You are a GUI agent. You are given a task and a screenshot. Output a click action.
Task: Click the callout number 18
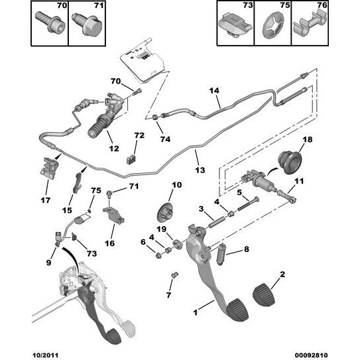306,140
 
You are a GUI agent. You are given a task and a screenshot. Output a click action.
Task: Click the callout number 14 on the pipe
213,90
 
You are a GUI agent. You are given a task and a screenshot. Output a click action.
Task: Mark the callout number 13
200,170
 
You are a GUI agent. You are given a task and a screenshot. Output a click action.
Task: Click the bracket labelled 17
49,168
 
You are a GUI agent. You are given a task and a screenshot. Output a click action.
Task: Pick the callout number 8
247,249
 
